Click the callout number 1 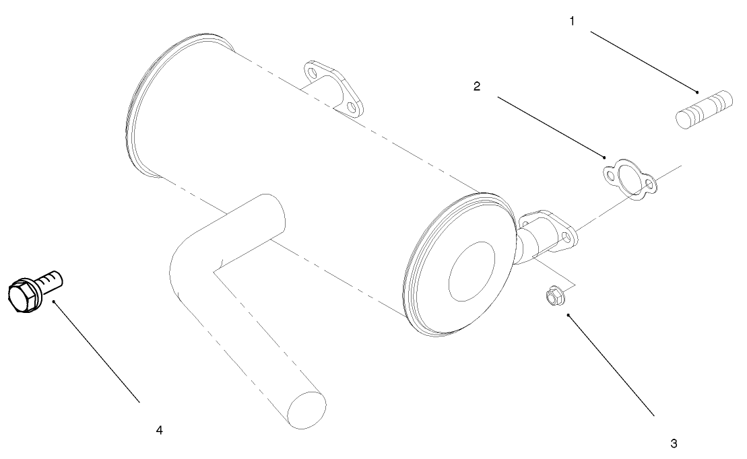pos(572,21)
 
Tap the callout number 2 pos(477,87)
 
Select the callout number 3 pos(673,444)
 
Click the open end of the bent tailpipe pos(306,411)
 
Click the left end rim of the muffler pos(138,108)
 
